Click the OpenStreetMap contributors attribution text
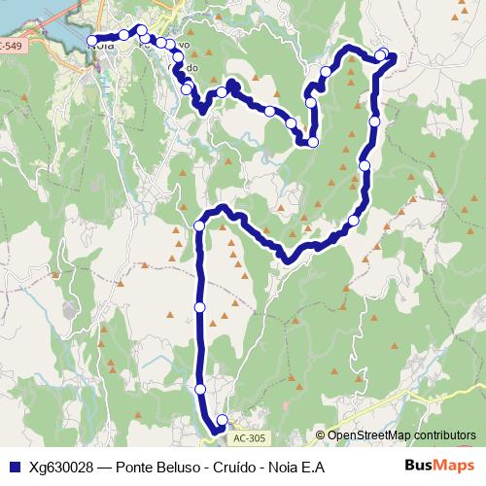pos(401,435)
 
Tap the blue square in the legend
pos(13,467)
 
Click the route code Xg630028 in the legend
pos(61,467)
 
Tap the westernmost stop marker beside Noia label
pos(92,41)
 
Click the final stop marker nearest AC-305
pos(221,421)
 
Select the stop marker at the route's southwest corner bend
pos(199,226)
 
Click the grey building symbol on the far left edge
pos(67,309)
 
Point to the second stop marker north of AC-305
pos(200,389)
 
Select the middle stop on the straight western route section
pos(200,307)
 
